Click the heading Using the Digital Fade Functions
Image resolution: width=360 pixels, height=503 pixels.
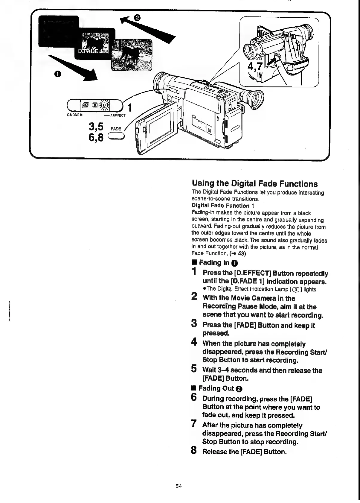(x=254, y=183)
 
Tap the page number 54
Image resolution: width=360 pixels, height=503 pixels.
(x=179, y=486)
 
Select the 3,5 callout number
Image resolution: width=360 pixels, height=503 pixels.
(x=96, y=127)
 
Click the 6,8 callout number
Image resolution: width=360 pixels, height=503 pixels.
(x=96, y=138)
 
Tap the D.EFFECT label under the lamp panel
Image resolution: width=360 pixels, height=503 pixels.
(x=118, y=115)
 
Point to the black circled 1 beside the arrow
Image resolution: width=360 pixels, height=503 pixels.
(x=58, y=74)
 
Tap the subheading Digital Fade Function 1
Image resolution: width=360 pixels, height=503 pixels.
(x=222, y=206)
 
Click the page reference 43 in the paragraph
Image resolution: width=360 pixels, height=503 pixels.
(x=242, y=253)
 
